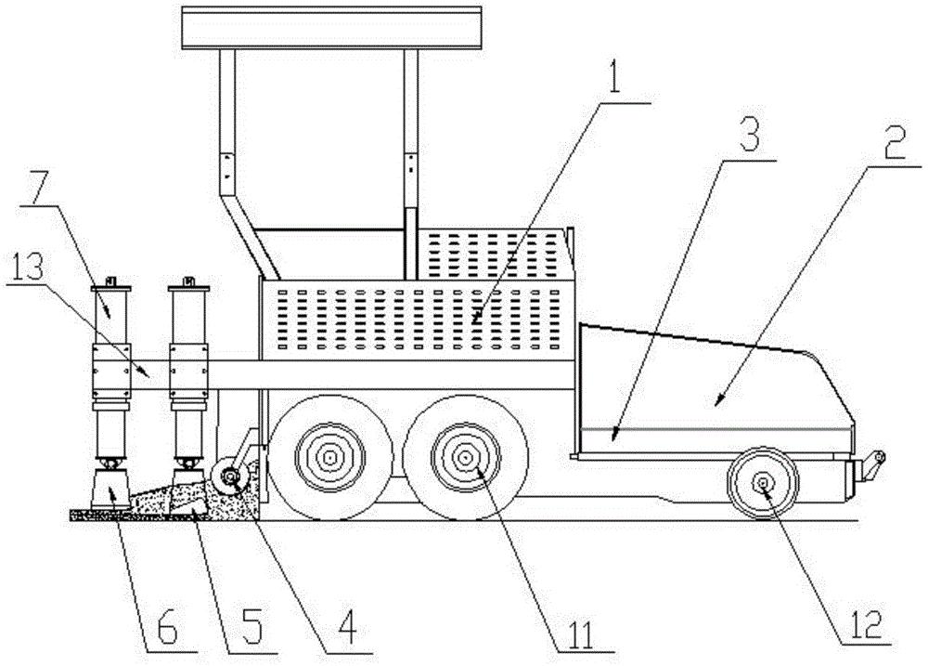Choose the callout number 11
pyautogui.click(x=584, y=630)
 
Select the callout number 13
pyautogui.click(x=27, y=270)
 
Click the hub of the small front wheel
pyautogui.click(x=764, y=485)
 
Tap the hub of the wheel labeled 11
pyautogui.click(x=466, y=458)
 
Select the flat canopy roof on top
pyautogui.click(x=332, y=28)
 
